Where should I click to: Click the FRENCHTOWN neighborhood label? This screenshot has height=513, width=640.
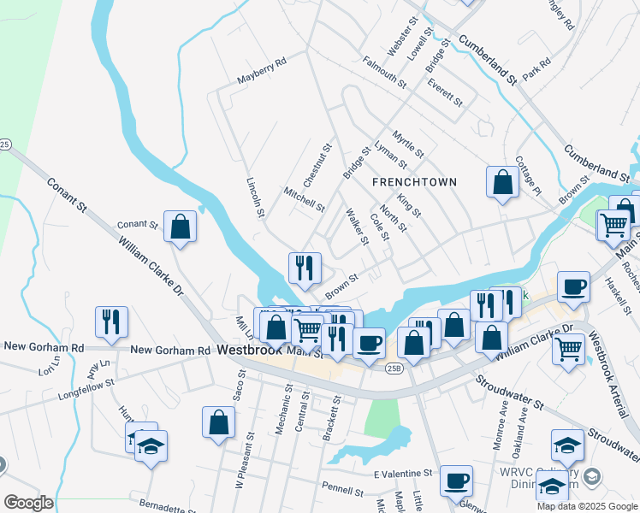[414, 182]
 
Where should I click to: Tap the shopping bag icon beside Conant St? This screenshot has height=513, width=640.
[180, 227]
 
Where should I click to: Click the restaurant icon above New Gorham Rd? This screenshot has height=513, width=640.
[111, 321]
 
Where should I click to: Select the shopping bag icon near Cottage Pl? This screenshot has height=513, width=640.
[502, 181]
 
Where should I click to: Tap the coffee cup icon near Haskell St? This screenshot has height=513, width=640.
[573, 286]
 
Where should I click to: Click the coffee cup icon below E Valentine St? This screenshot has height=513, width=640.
[457, 481]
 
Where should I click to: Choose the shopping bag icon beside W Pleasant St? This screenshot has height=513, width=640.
[218, 422]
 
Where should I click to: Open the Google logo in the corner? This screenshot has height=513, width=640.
[28, 503]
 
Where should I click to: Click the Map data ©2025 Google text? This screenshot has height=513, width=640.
[586, 506]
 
